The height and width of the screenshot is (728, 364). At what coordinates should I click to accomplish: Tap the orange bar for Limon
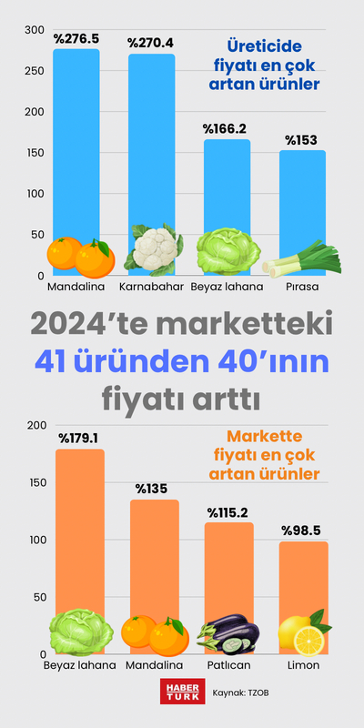(x=304, y=582)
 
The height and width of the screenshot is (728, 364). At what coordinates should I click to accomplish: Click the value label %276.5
(x=76, y=40)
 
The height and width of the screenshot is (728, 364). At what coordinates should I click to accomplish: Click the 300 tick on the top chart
(x=34, y=30)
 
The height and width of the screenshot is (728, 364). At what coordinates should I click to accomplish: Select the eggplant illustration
(x=227, y=635)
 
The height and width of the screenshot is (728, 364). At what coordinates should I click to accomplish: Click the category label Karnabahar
(x=151, y=287)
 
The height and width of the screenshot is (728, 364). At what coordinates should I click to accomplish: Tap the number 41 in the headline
(x=56, y=361)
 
